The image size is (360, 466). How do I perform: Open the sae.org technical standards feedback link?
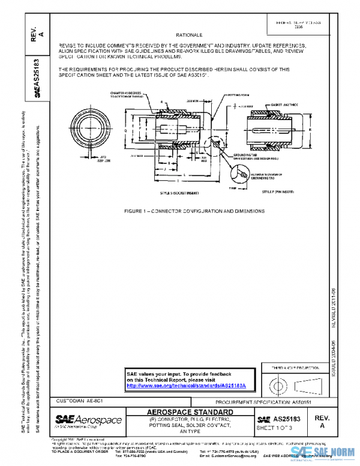[x=191, y=386]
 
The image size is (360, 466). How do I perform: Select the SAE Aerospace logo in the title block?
[x=88, y=420]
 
